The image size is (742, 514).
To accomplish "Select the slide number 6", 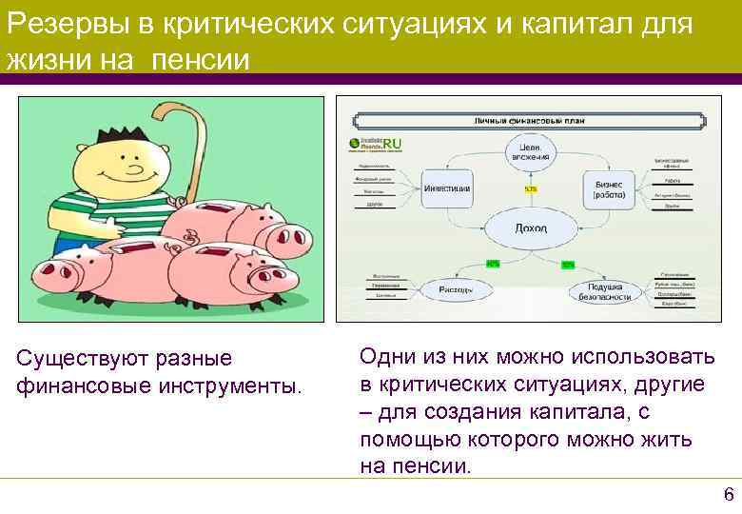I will click(729, 494).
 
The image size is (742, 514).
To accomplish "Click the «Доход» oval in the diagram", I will click(530, 228).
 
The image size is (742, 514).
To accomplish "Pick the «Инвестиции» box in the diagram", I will click(446, 188).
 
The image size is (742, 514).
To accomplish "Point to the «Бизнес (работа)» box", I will click(609, 188).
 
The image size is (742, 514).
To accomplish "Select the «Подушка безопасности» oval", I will click(605, 290).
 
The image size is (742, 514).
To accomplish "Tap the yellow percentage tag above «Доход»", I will click(530, 188).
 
